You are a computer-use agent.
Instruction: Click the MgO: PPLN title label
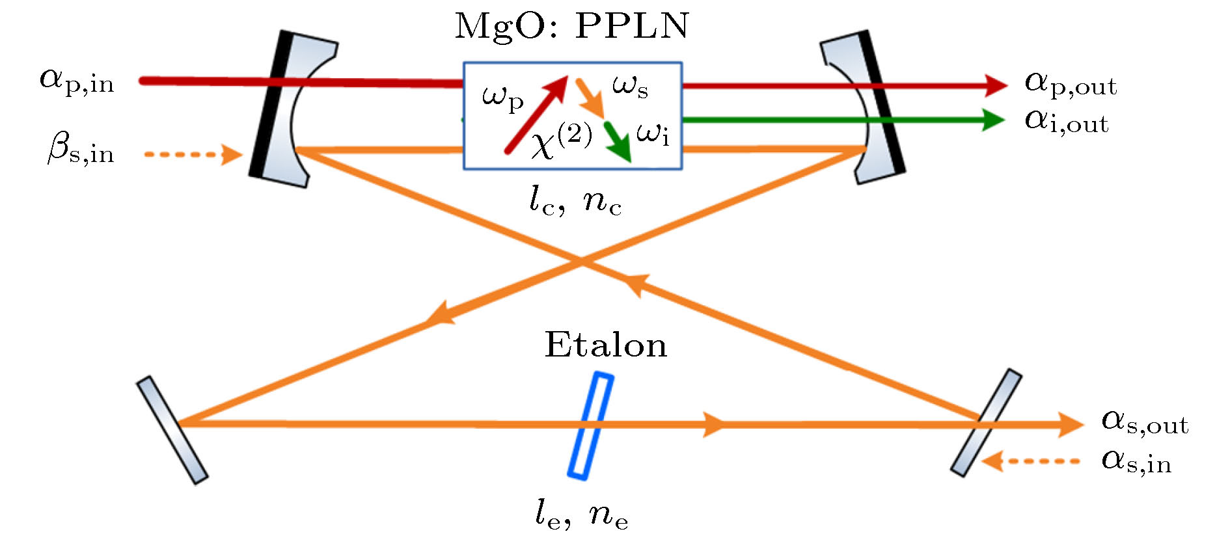[571, 27]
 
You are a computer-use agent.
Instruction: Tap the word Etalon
[605, 345]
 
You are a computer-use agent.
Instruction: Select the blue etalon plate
[591, 426]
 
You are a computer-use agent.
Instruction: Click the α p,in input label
[77, 81]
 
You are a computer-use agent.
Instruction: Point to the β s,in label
[81, 150]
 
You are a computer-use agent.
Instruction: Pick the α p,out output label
[1070, 84]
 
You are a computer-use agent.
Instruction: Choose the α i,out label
[1066, 121]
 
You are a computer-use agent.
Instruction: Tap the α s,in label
[1136, 461]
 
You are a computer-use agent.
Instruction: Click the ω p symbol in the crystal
[502, 98]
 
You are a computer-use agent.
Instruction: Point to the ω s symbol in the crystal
[630, 87]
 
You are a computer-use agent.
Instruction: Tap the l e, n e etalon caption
[581, 515]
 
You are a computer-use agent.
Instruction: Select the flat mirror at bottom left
[172, 430]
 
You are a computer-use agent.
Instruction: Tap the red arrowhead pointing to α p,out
[996, 85]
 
